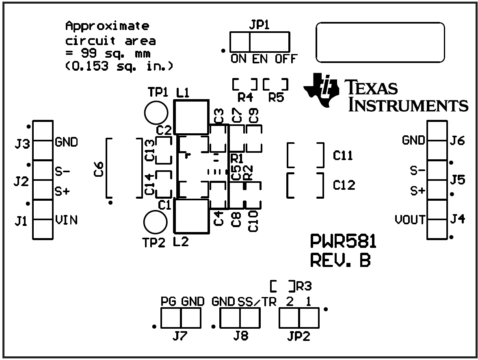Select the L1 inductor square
(190, 117)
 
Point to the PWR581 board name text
(343, 243)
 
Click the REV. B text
(340, 260)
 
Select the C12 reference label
(344, 185)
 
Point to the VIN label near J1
(66, 220)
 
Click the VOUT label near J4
(410, 220)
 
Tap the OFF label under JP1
(286, 59)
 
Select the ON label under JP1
(239, 59)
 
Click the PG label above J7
(169, 302)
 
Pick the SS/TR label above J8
(257, 302)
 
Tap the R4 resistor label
(245, 98)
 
